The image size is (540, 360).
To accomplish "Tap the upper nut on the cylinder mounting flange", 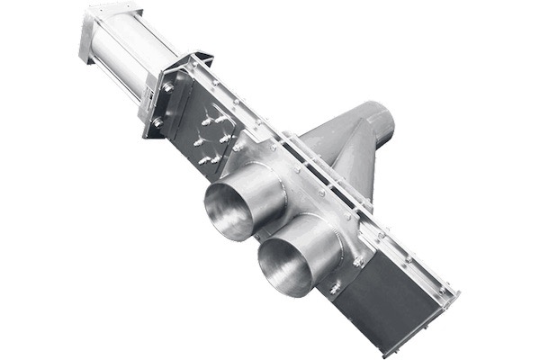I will click(x=167, y=87).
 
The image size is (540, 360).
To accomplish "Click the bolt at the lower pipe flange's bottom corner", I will click(x=335, y=289).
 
